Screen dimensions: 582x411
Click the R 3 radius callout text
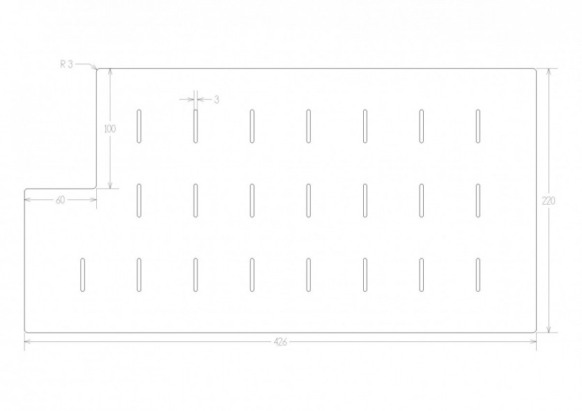[x=67, y=64]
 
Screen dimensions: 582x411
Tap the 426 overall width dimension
[x=280, y=342]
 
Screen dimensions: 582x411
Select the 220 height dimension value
[x=549, y=201]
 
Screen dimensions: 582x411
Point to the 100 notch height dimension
[x=110, y=129]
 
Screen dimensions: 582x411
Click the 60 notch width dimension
[x=60, y=201]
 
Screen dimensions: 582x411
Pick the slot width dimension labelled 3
[x=217, y=100]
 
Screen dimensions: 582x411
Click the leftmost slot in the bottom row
[x=82, y=275]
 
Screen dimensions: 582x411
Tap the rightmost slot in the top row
[x=477, y=126]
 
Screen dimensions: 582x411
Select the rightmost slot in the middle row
[x=477, y=201]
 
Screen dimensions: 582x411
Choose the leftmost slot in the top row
[x=139, y=126]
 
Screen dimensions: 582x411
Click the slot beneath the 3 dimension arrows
[x=196, y=126]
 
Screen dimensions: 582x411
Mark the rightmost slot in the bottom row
[x=477, y=275]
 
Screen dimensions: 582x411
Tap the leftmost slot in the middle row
[x=139, y=201]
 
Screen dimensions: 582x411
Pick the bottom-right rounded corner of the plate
[x=535, y=331]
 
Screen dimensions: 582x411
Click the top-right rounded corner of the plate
[x=535, y=70]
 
